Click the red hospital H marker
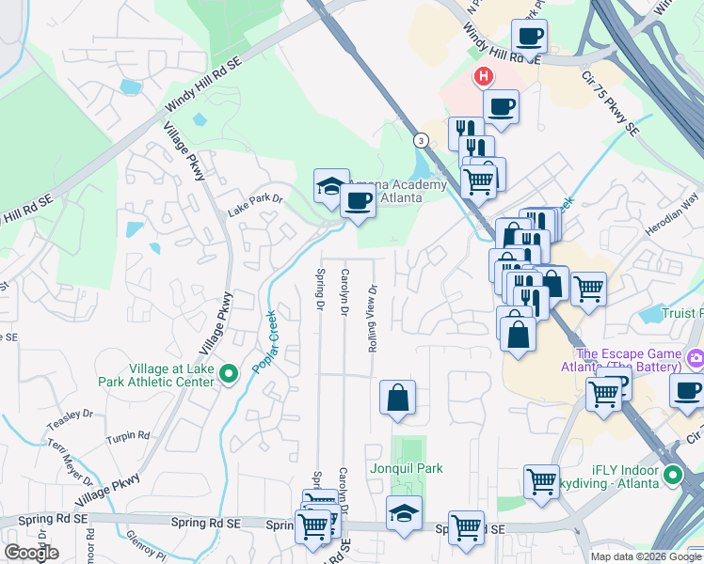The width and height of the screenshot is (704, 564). click(483, 76)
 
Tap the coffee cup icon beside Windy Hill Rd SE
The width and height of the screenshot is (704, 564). click(529, 38)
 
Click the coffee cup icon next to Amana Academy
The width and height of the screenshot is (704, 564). click(358, 199)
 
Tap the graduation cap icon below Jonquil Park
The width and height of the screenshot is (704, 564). click(404, 514)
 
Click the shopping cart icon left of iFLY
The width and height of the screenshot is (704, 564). click(541, 481)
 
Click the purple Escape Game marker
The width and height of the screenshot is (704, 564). click(696, 357)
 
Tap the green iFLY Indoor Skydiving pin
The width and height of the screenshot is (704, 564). click(672, 475)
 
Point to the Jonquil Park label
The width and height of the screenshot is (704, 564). click(407, 468)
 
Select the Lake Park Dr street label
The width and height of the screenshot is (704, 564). click(255, 204)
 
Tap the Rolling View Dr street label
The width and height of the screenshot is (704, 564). click(373, 318)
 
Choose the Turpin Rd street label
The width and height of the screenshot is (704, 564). click(128, 435)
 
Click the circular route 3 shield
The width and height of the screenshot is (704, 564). click(421, 140)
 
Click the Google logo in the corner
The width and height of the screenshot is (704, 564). click(30, 553)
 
